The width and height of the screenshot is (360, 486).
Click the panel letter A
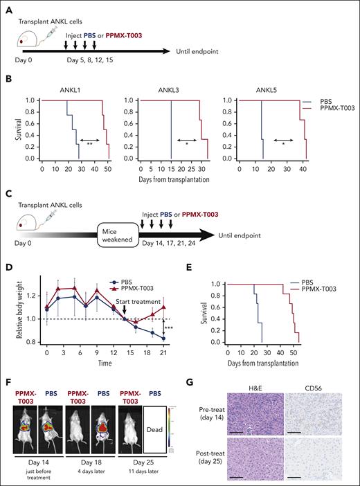[x=6, y=6]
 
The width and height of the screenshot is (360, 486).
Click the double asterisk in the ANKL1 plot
[x=89, y=145]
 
